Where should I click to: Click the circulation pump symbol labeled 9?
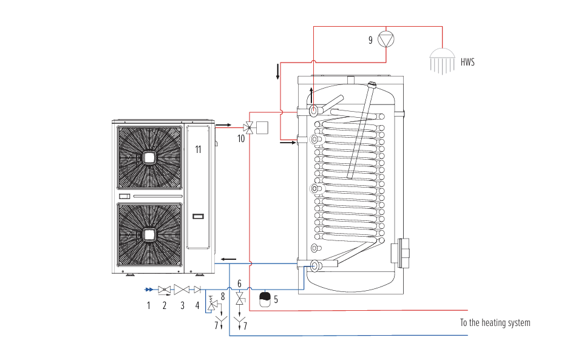pos(386,39)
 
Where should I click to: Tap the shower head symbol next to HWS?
pos(442,62)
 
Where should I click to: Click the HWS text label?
pos(467,62)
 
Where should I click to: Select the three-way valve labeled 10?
pos(249,127)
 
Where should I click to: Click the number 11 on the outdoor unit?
pos(198,149)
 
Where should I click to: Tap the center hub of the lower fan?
pos(149,235)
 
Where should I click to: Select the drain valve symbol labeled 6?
pos(240,299)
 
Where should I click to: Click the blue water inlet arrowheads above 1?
pos(149,290)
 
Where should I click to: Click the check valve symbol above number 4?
pos(197,290)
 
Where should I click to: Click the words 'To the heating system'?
pos(495,323)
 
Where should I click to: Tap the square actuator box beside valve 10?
pos(263,127)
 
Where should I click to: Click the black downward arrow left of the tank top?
pos(278,71)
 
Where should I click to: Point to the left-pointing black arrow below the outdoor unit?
pos(228,259)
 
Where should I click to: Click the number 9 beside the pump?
pos(370,40)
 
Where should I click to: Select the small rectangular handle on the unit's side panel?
pos(198,216)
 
